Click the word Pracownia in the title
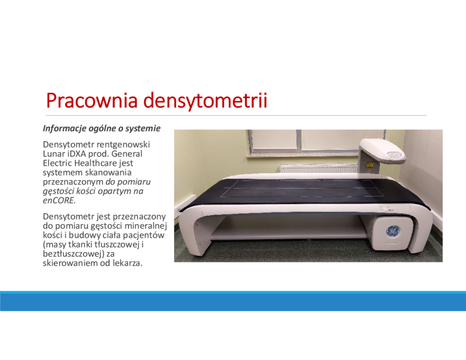point(92,100)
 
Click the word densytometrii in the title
point(205,100)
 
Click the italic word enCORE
point(59,200)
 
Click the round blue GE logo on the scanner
point(393,232)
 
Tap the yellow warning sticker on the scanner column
point(370,164)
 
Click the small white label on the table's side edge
point(386,209)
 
